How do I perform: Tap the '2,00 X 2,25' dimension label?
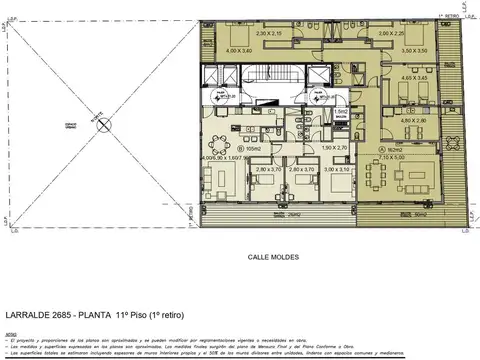pos(392,34)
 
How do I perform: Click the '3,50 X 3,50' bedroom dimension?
pos(415,50)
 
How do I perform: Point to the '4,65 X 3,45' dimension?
pos(416,77)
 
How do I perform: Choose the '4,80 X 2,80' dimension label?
pos(413,120)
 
